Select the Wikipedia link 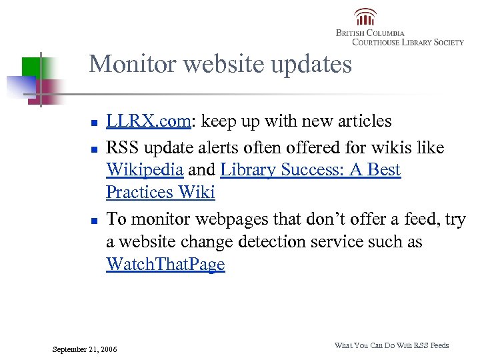click(x=144, y=169)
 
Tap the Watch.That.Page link click(x=165, y=265)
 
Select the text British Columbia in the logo click(x=369, y=33)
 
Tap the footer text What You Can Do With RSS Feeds click(x=391, y=345)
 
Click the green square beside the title click(x=31, y=66)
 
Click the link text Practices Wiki click(x=160, y=193)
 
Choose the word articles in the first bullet click(x=366, y=121)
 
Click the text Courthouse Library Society click(x=407, y=42)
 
